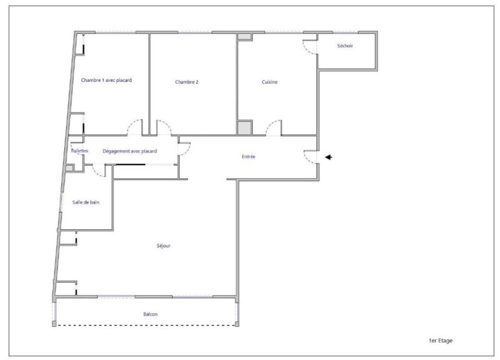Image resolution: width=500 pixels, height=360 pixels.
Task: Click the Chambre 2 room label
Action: coord(186,82)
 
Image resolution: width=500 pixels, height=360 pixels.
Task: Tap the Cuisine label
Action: coord(269,82)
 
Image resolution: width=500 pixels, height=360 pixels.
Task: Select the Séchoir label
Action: coord(345,46)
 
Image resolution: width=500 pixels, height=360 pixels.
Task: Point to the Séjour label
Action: coord(163,246)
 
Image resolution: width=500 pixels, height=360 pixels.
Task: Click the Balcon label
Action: coord(150,314)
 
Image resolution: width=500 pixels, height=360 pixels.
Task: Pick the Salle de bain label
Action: coord(86,202)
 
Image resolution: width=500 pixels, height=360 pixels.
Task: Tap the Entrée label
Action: coord(248,157)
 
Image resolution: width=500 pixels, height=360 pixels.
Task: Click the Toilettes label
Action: coord(79,151)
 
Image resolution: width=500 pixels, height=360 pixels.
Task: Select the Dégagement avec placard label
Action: coord(129,151)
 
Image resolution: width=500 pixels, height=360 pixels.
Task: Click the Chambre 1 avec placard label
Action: coord(106,80)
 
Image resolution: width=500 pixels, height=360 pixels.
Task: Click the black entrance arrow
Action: coord(329,157)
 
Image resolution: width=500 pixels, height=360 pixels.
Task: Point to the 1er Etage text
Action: coord(441,341)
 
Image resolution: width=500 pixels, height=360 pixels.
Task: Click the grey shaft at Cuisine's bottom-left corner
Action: coord(244,127)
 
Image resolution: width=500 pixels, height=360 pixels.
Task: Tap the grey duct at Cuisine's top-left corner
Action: coord(244,36)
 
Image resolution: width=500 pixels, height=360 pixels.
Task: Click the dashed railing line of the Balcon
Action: coord(146,325)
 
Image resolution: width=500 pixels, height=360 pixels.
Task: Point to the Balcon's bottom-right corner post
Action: coord(237,324)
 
